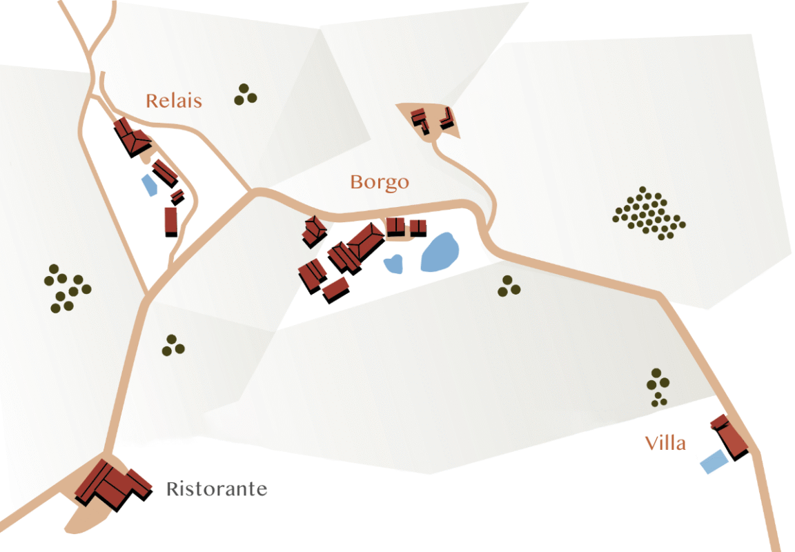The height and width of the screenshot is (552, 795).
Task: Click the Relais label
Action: [x=174, y=101]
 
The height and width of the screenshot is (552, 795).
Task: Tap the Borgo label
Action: [x=379, y=182]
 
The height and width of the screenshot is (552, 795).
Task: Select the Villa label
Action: [x=665, y=443]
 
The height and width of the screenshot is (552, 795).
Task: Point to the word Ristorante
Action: [x=216, y=489]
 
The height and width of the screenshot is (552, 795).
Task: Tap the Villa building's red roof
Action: [x=730, y=437]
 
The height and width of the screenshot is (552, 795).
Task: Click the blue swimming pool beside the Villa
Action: [x=714, y=461]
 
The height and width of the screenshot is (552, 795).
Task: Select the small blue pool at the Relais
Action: [x=149, y=185]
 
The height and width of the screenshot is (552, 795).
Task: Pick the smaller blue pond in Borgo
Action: [x=393, y=264]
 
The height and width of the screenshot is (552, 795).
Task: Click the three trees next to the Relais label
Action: [x=245, y=95]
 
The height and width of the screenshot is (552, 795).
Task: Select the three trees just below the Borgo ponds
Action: [x=509, y=286]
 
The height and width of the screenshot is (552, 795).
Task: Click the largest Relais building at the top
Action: [x=132, y=137]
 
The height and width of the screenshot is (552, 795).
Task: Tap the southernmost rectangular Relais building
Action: [x=171, y=221]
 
